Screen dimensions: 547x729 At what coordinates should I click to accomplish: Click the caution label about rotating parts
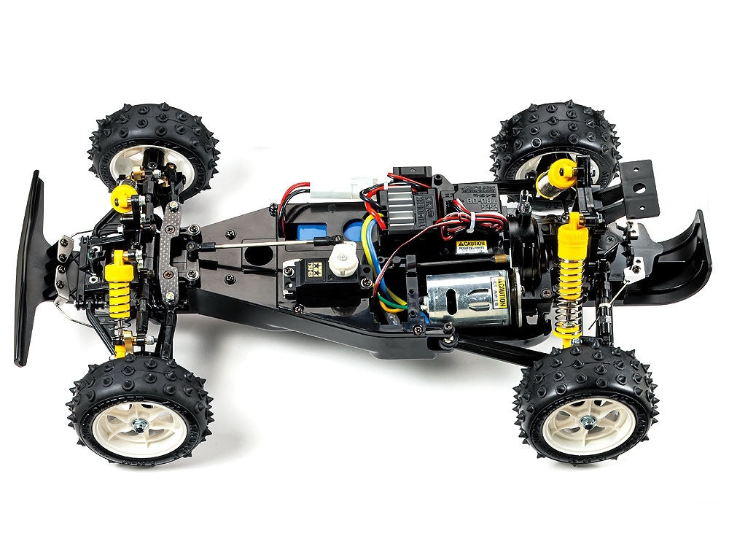pos(471,247)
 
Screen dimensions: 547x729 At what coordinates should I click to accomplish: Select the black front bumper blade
pos(30,266)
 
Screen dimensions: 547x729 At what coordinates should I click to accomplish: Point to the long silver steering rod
pos(262,242)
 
